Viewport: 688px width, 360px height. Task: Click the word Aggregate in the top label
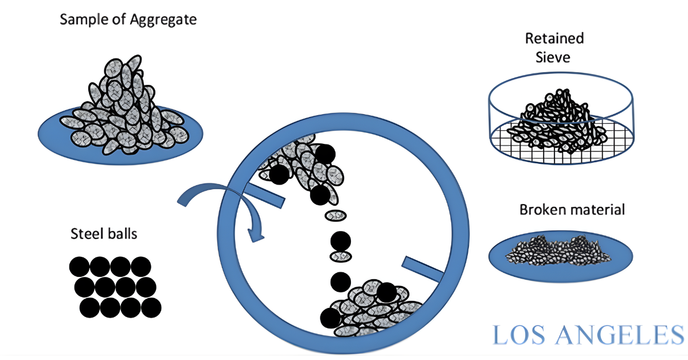[x=163, y=20]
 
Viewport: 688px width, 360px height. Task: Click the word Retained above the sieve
[x=554, y=39]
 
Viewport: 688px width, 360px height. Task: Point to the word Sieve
[x=553, y=57]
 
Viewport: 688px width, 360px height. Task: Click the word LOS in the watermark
[x=519, y=335]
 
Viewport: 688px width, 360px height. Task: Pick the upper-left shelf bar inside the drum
[x=264, y=195]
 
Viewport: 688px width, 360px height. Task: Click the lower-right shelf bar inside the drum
[x=423, y=269]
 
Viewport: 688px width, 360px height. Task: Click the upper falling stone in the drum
[x=336, y=216]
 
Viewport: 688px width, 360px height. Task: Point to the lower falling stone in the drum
[x=341, y=256]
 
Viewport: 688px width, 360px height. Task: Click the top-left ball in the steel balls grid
[x=79, y=267]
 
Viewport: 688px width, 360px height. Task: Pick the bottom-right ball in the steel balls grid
[x=151, y=307]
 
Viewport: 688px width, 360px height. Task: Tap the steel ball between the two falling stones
[x=341, y=241]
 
